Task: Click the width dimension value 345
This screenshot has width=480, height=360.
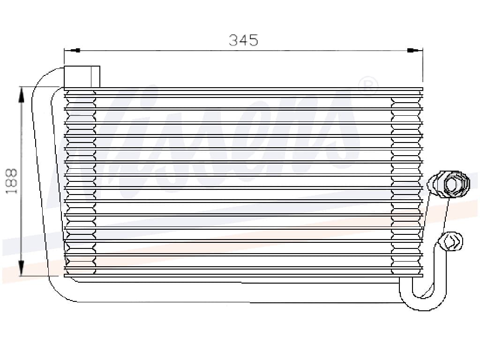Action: tap(243, 40)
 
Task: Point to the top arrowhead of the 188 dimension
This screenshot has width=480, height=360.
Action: tap(21, 94)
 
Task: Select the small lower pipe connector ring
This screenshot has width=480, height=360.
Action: tap(451, 241)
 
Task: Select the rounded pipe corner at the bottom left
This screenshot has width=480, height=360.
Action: tap(59, 293)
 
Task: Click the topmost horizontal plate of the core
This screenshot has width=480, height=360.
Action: tap(244, 89)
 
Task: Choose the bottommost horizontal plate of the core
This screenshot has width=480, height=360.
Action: tap(244, 276)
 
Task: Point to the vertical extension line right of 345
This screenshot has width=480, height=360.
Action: tap(423, 66)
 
